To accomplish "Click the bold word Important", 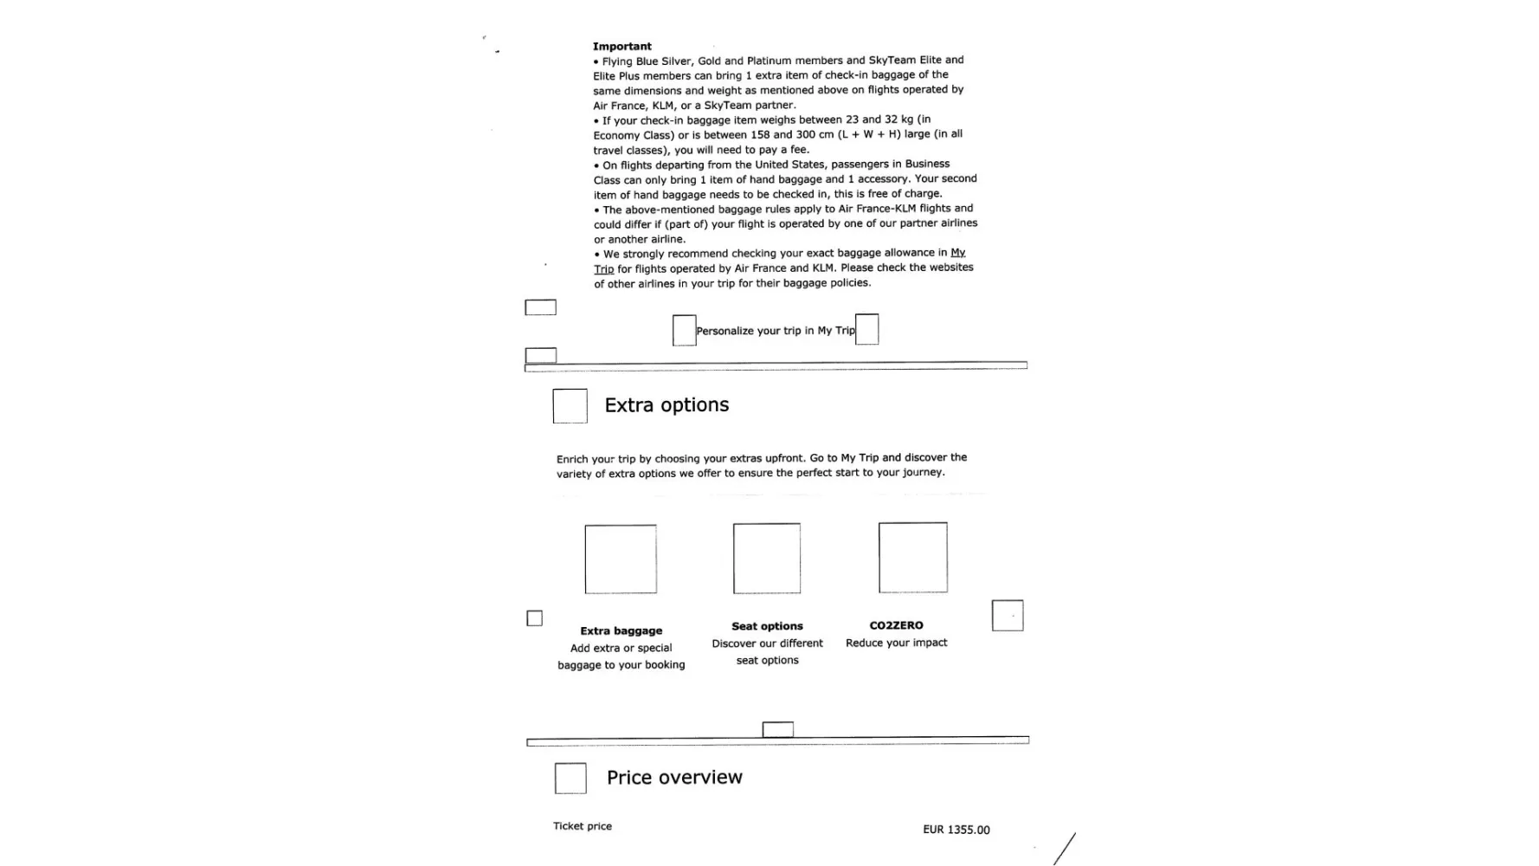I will (621, 47).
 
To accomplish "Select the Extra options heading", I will (666, 405).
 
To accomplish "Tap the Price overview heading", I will (674, 778).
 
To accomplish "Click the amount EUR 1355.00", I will (956, 830).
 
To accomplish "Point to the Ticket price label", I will (583, 826).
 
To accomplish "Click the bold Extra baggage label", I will (621, 631).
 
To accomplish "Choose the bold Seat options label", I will (767, 626).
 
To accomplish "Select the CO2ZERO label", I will (896, 625).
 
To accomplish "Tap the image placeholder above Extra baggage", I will (621, 559).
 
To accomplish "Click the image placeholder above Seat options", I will (767, 559).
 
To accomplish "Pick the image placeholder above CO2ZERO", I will (913, 558).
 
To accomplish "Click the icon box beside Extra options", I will (570, 406).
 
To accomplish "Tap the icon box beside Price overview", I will (570, 779).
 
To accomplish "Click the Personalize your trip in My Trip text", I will (776, 331).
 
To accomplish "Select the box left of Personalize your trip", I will (685, 331).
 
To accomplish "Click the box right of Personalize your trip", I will (867, 330).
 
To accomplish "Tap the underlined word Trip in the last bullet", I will (603, 269).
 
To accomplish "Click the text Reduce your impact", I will (896, 643).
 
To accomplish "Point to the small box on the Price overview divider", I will (777, 730).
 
